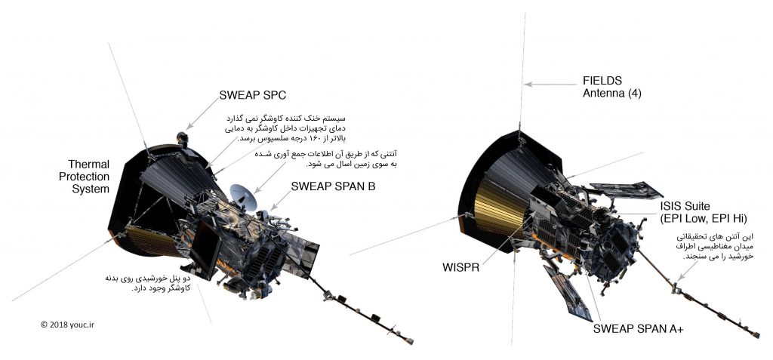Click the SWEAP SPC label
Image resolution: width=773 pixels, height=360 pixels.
[254, 95]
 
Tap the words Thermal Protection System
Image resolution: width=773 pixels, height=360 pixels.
[90, 177]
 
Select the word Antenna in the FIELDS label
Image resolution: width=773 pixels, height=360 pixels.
[603, 94]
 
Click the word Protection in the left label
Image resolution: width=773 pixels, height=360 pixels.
[90, 177]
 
